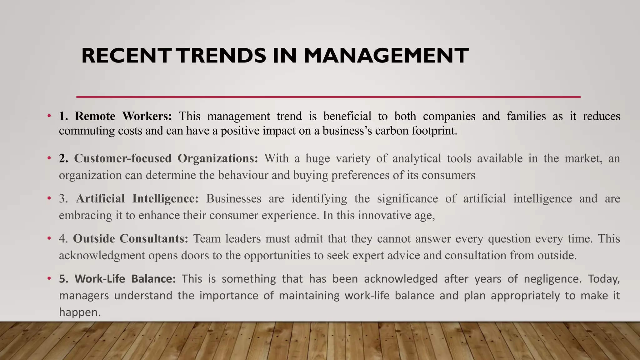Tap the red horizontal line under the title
click(328, 97)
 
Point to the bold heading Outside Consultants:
click(131, 239)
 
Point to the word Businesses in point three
click(233, 199)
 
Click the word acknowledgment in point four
click(102, 256)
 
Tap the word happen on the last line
click(79, 312)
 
